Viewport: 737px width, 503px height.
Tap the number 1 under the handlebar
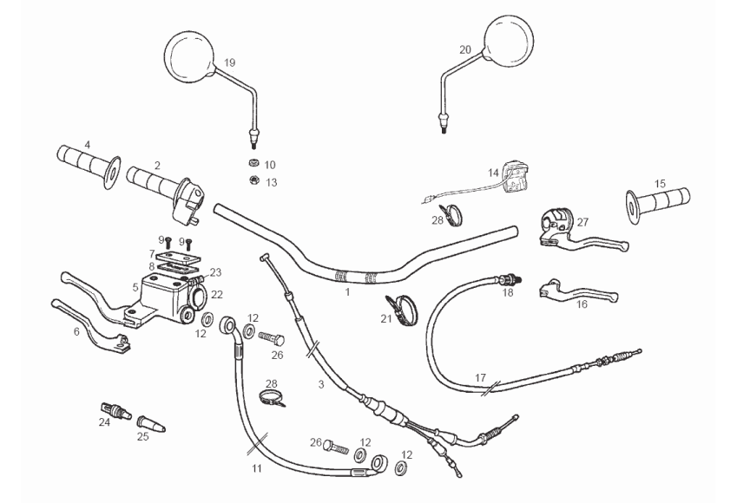(x=347, y=292)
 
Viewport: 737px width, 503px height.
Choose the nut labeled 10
(x=253, y=164)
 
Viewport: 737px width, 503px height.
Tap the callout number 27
(x=582, y=222)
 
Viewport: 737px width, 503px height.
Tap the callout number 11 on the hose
(x=256, y=468)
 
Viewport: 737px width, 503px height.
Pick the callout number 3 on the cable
(x=321, y=384)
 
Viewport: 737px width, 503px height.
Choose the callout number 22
(x=217, y=294)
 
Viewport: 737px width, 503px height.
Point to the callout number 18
(x=508, y=293)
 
